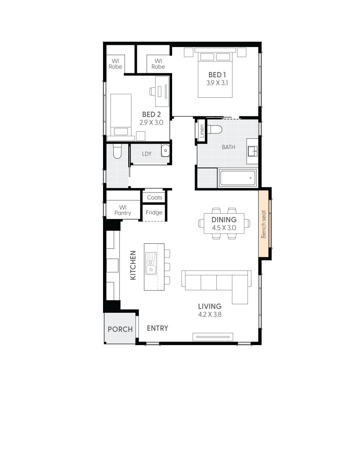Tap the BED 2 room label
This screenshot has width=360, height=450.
151,114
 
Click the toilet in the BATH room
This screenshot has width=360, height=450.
216,129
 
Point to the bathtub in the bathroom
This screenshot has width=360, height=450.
237,178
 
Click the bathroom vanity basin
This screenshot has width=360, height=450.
253,150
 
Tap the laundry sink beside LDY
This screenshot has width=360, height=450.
165,150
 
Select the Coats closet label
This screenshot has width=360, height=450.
154,197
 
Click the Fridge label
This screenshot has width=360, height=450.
154,213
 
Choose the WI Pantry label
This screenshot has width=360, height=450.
123,210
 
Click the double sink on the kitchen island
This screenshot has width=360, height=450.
151,263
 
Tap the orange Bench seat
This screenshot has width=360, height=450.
264,224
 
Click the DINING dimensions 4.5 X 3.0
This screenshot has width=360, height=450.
224,228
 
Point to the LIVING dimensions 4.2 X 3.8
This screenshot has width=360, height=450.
210,314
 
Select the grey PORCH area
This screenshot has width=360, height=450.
120,329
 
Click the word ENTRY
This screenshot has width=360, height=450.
157,328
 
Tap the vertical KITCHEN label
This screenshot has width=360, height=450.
133,265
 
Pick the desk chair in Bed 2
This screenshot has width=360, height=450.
153,91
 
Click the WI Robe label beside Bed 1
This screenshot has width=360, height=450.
158,64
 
